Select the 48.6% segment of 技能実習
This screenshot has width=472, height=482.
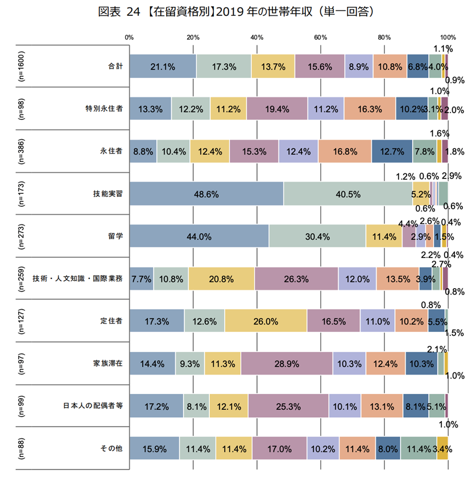[x=206, y=194]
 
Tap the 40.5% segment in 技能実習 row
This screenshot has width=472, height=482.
[x=348, y=194]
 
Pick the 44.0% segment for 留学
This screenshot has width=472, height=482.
[x=199, y=236]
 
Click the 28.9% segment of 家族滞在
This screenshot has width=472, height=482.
[x=286, y=364]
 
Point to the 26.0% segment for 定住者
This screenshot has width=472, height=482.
[x=266, y=321]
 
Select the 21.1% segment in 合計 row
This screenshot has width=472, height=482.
[x=163, y=66]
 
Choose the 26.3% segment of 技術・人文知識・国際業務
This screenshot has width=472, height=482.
[x=296, y=279]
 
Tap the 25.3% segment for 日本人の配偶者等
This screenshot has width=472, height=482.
[x=288, y=406]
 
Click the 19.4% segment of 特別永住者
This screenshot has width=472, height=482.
[x=277, y=109]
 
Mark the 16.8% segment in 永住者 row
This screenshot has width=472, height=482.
[x=345, y=151]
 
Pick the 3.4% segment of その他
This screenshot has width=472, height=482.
[x=442, y=448]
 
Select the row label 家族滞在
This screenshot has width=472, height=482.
[x=108, y=364]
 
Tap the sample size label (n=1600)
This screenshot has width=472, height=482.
[x=21, y=66]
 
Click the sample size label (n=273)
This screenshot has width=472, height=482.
[x=21, y=236]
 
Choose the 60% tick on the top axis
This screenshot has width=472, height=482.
[x=320, y=38]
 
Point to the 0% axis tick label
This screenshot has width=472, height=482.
[x=130, y=38]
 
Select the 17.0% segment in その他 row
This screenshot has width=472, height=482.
[x=279, y=448]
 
